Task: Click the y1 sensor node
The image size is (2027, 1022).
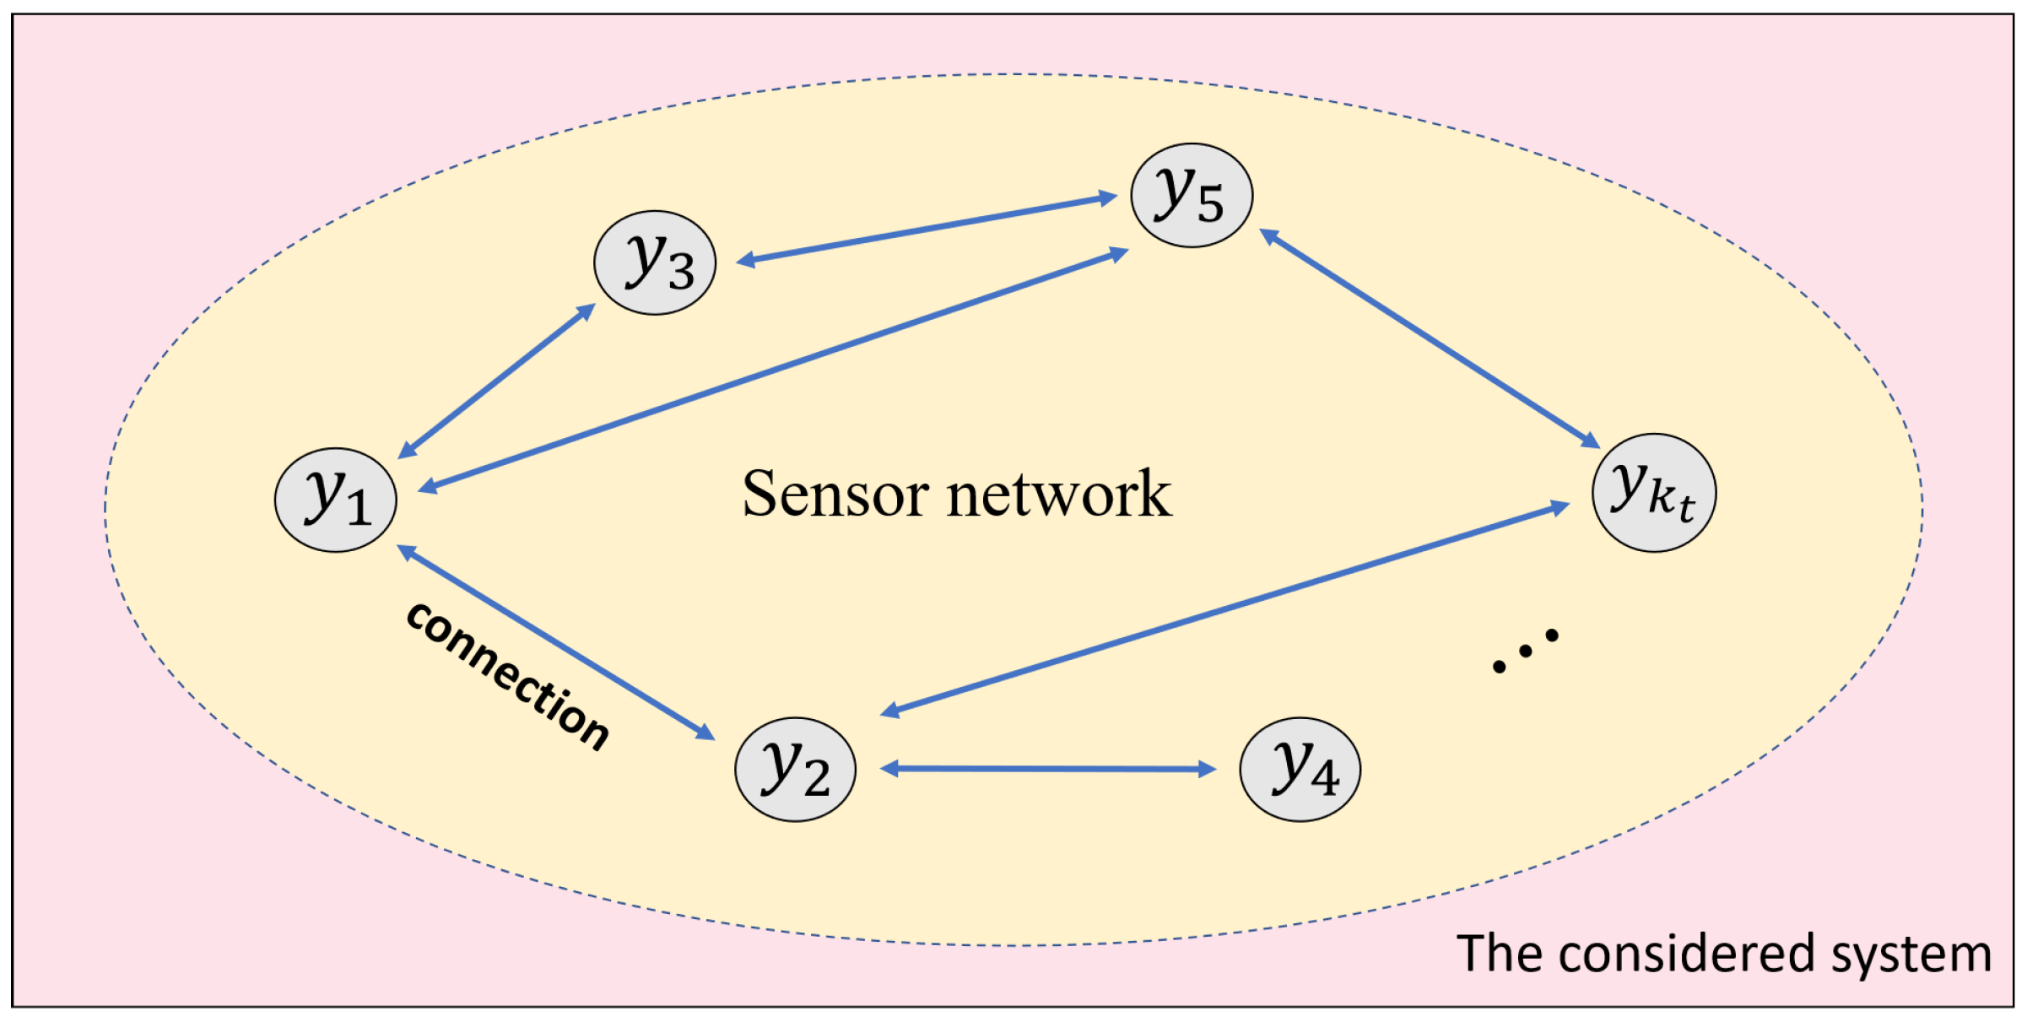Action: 335,500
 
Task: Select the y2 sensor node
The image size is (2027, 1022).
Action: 795,769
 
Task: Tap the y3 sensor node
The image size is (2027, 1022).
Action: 655,262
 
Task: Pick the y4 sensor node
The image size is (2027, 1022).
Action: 1300,769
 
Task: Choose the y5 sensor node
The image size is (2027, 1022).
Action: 1192,195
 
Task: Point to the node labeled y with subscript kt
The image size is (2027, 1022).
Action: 1653,493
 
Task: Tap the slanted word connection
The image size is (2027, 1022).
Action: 507,675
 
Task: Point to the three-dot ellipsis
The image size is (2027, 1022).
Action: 1525,651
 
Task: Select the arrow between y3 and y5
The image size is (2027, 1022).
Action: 927,229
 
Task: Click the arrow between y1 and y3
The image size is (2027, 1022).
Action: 496,381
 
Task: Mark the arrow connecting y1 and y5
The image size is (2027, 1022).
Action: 774,369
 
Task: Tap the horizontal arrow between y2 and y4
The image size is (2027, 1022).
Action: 1047,769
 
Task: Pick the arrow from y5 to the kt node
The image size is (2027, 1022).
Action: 1430,338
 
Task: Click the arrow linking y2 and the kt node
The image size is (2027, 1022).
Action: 1224,608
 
